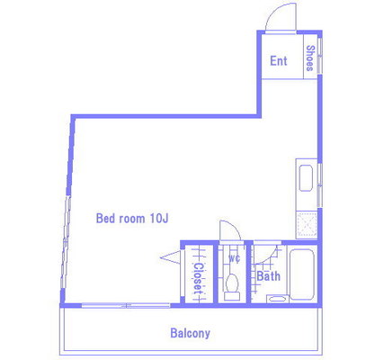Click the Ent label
coord(279,61)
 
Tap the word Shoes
coord(310,58)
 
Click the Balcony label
coord(190,333)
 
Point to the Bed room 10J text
coord(132,218)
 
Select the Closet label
coord(198,279)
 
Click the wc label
coord(234,258)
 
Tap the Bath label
coord(269,276)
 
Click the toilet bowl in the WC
coord(232,283)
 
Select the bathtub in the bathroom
coord(302,274)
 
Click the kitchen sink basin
coord(306,178)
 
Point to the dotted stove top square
coord(307,224)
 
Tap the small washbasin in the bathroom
coord(277,299)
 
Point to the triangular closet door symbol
coord(170,257)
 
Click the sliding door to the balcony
coord(126,305)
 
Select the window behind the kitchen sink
coord(319,185)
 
